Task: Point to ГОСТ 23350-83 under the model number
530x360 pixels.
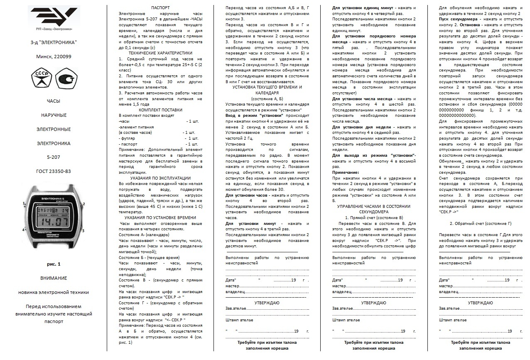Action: click(x=53, y=171)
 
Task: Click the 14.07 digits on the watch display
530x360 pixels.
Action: click(x=53, y=222)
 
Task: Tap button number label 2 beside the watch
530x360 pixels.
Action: click(x=83, y=204)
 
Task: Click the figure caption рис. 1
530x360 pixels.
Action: click(x=53, y=264)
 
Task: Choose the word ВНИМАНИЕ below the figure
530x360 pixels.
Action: click(x=53, y=278)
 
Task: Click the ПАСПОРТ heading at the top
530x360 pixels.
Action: click(x=160, y=8)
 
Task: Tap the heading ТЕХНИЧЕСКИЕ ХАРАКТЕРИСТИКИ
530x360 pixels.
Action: click(x=160, y=53)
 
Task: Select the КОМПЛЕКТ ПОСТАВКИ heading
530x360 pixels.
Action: click(x=160, y=110)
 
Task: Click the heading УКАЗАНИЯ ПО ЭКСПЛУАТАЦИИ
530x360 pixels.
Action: click(x=160, y=178)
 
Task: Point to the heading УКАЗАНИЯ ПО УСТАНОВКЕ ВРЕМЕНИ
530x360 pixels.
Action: click(x=160, y=217)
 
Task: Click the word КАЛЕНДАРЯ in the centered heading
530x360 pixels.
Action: click(x=267, y=93)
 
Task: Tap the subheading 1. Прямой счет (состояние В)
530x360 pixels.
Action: click(x=374, y=217)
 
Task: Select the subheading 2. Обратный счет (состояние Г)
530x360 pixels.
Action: click(x=481, y=223)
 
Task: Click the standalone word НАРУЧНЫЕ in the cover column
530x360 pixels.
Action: click(x=53, y=115)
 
